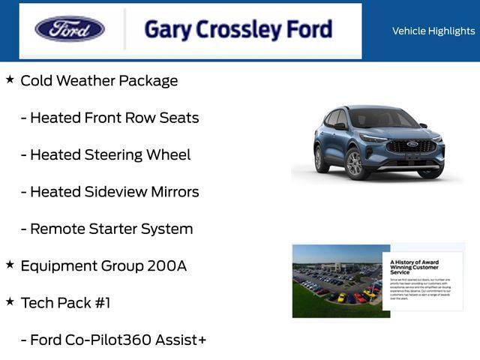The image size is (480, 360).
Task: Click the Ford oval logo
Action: click(70, 29)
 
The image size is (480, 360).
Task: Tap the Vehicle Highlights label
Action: click(433, 31)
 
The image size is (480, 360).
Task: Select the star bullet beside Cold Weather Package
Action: click(10, 79)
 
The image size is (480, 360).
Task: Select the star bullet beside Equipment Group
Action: click(10, 264)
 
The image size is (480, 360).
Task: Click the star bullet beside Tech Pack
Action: click(10, 301)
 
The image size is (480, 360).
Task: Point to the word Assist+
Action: click(181, 340)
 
